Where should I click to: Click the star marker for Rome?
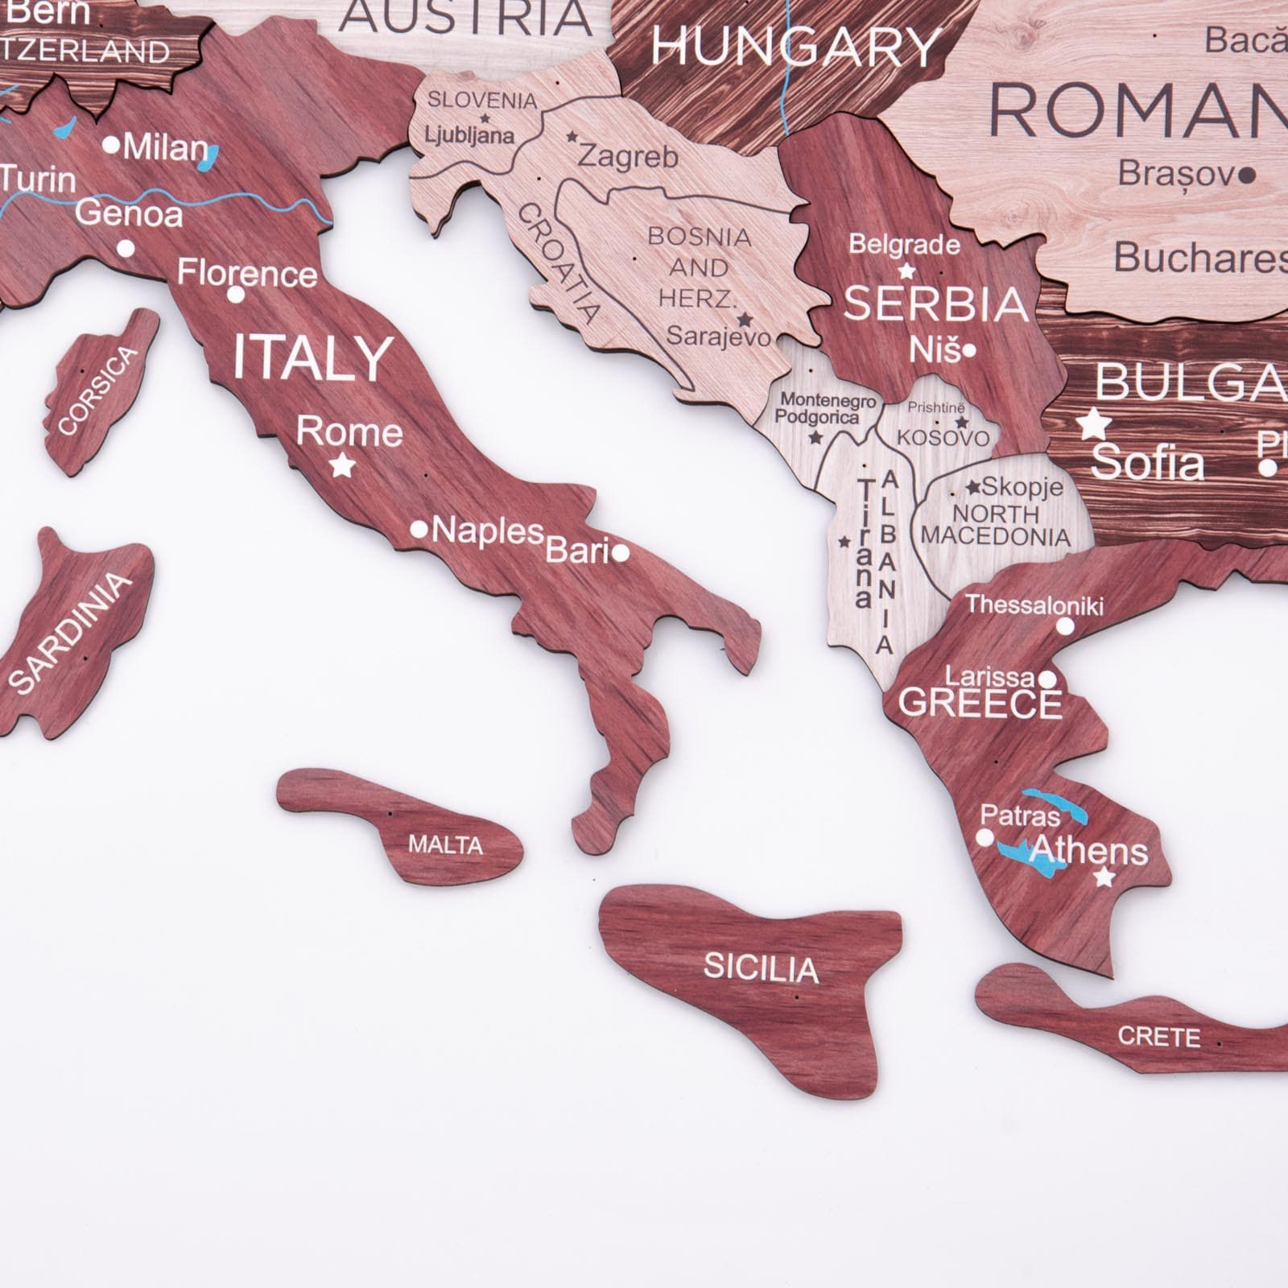(x=343, y=464)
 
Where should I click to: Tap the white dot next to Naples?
(x=419, y=530)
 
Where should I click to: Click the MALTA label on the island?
(x=445, y=844)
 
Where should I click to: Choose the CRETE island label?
(x=1158, y=1036)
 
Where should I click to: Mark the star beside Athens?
(x=1105, y=877)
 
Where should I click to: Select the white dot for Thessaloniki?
(x=1065, y=626)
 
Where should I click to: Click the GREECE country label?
(x=980, y=704)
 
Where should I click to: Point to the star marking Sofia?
(x=1095, y=423)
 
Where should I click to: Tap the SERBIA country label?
(x=936, y=304)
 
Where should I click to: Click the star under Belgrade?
(x=907, y=270)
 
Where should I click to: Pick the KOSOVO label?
(x=943, y=438)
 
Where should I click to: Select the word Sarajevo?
(x=719, y=336)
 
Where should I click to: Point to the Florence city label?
(x=247, y=273)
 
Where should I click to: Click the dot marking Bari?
(x=620, y=552)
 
